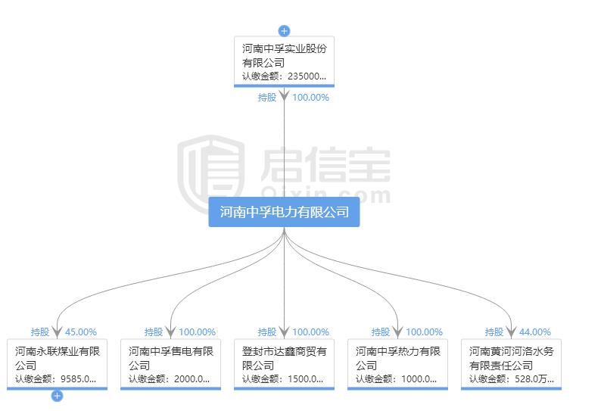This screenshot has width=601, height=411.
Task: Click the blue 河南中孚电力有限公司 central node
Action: tap(284, 213)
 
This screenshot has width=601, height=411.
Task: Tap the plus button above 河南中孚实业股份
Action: tap(284, 31)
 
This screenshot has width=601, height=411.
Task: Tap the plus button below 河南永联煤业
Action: tap(57, 395)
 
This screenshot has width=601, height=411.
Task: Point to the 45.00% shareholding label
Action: tap(81, 332)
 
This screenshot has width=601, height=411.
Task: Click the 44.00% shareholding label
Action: tap(535, 332)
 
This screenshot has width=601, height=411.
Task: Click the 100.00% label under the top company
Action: tap(310, 97)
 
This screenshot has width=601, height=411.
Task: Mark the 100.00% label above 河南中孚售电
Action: tap(197, 332)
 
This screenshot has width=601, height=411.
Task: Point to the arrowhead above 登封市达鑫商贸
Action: tap(284, 331)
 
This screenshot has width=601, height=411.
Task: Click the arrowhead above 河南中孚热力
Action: tap(397, 331)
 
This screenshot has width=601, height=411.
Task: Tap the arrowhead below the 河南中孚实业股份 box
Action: tap(284, 96)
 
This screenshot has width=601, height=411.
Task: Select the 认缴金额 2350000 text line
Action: tap(284, 76)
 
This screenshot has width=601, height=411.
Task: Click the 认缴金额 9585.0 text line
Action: tap(56, 379)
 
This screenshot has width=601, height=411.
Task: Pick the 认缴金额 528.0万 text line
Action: tap(511, 379)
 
